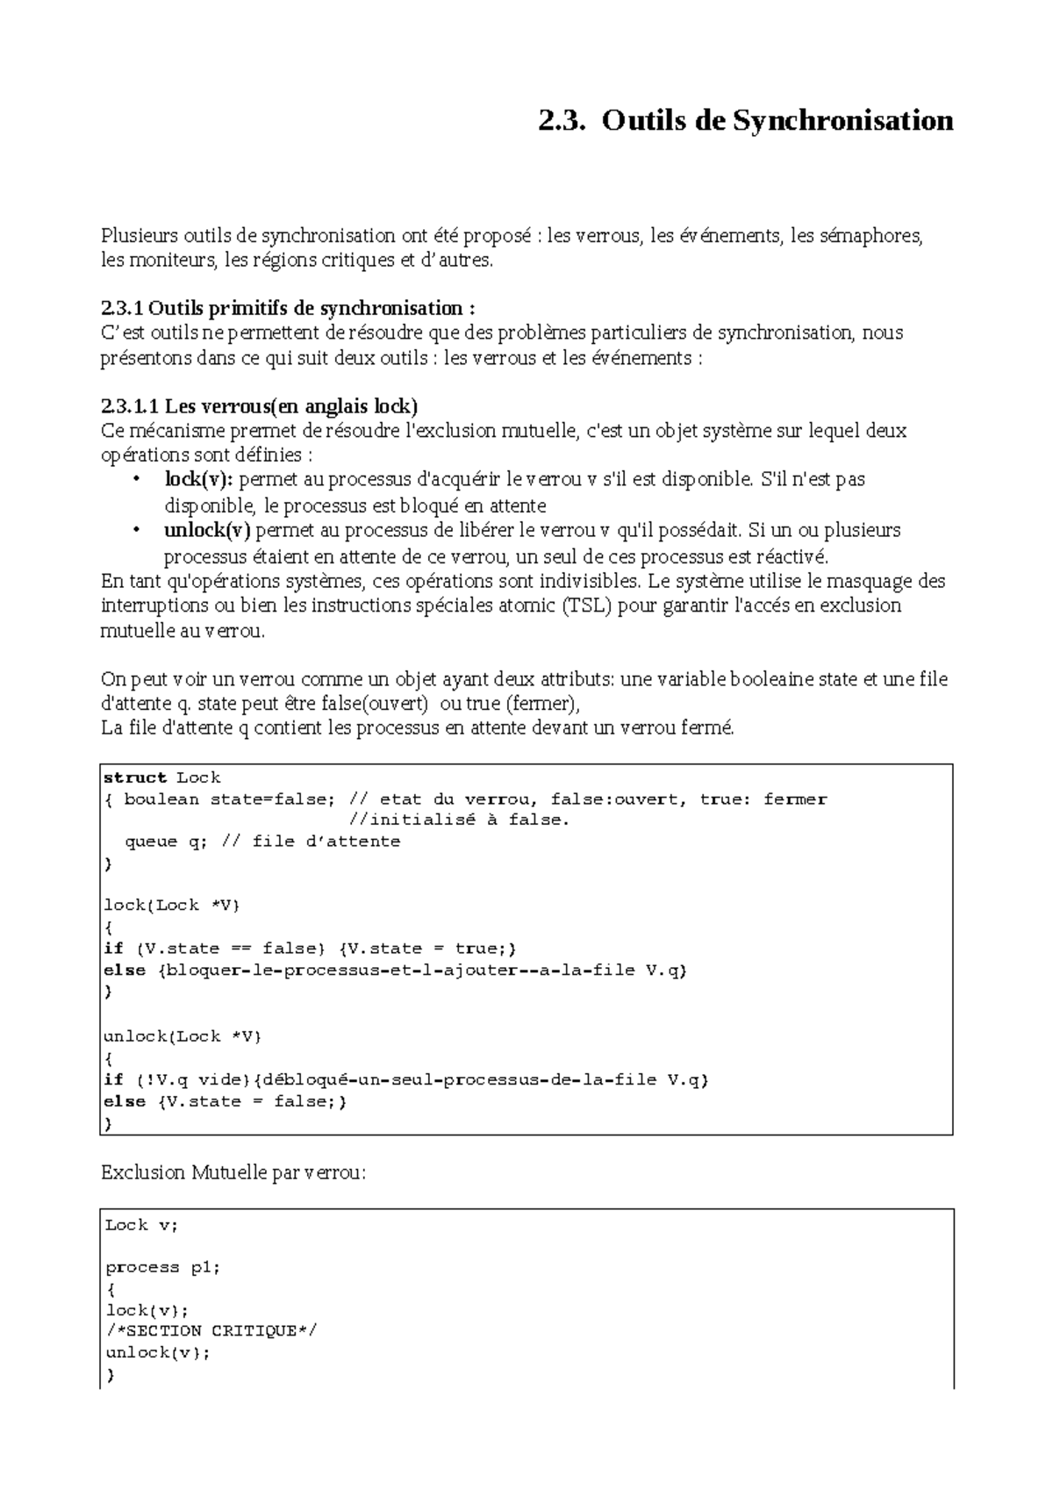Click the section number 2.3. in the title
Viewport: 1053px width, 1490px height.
561,120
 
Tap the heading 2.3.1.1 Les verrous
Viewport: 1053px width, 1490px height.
260,406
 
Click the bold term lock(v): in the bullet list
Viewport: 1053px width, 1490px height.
199,479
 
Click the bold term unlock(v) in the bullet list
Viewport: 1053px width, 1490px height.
207,530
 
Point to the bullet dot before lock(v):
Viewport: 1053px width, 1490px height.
135,480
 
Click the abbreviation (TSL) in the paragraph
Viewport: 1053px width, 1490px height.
587,606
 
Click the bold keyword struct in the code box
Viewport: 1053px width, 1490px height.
135,777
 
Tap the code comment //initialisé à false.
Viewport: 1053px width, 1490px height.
459,820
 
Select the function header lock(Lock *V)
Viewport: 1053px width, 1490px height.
171,906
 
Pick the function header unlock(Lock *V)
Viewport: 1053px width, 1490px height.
183,1036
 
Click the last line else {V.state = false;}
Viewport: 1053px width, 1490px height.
226,1101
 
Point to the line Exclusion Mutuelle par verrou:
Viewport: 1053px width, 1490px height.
233,1172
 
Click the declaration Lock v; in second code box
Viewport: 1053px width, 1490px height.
140,1225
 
